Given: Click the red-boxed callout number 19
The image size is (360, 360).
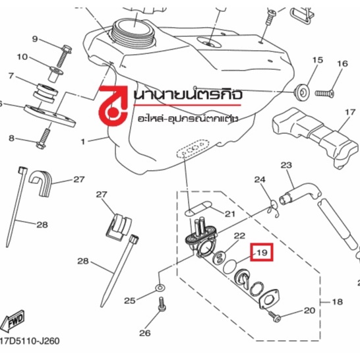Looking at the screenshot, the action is [262, 253].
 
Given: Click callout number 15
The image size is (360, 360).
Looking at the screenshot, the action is [318, 60].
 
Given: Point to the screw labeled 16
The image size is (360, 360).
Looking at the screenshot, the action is [324, 93].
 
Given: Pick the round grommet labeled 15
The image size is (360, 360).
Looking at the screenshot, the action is [302, 92].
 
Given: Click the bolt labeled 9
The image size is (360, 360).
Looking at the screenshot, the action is [63, 57].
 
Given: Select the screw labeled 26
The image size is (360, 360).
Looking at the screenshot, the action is [162, 305].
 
